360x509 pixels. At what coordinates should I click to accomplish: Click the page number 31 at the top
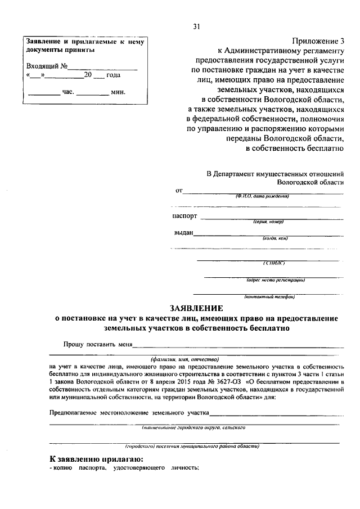[x=196, y=26]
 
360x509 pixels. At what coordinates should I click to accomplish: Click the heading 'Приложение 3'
[x=317, y=41]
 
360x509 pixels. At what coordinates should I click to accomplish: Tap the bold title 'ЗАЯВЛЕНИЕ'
[x=196, y=308]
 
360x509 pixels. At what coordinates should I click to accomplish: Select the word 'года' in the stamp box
[x=114, y=75]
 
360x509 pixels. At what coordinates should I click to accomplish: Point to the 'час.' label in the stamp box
[x=67, y=91]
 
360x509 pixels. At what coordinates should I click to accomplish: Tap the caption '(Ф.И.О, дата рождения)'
[x=262, y=196]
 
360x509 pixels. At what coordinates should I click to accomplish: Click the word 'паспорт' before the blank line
[x=185, y=215]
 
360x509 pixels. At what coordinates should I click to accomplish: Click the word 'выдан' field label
[x=184, y=233]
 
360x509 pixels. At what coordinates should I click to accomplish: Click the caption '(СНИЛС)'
[x=275, y=262]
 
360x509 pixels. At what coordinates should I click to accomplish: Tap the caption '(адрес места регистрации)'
[x=276, y=280]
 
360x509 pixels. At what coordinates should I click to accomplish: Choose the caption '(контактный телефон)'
[x=269, y=296]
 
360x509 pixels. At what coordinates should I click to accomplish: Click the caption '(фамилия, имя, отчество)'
[x=184, y=358]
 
